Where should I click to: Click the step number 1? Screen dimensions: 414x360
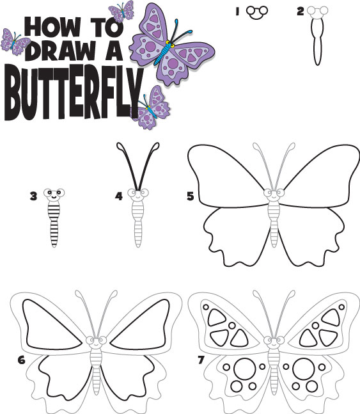pyautogui.click(x=236, y=11)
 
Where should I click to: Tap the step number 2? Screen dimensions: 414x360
pyautogui.click(x=300, y=11)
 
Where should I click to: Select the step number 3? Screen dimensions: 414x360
pyautogui.click(x=33, y=196)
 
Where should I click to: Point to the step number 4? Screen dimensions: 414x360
pyautogui.click(x=118, y=196)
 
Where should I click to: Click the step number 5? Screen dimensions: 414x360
pyautogui.click(x=190, y=196)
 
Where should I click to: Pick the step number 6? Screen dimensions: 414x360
pyautogui.click(x=21, y=359)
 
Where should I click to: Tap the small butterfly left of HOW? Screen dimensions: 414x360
pyautogui.click(x=15, y=42)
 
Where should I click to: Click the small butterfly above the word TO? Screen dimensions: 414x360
pyautogui.click(x=121, y=11)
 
